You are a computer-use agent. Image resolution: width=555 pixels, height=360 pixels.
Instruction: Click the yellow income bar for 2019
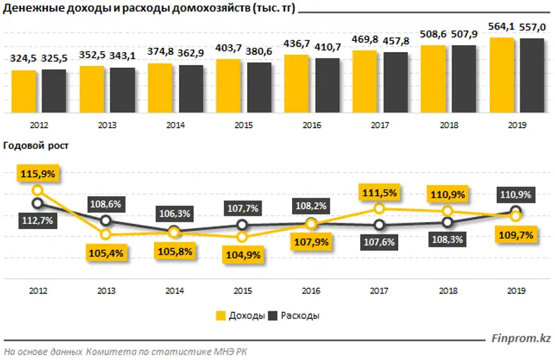[x=502, y=76]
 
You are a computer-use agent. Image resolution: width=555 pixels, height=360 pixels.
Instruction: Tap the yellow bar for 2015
[x=228, y=87]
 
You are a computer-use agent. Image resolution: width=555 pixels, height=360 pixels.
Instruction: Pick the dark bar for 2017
[x=395, y=83]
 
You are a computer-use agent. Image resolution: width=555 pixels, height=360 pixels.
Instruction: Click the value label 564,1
[x=502, y=27]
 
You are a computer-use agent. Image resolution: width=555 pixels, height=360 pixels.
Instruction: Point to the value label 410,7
[x=327, y=47]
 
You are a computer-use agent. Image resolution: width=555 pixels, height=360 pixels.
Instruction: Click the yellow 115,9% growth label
[x=37, y=171]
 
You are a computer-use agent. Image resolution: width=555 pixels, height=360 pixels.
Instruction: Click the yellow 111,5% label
[x=378, y=191]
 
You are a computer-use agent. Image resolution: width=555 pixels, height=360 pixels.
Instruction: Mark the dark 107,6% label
[x=378, y=242]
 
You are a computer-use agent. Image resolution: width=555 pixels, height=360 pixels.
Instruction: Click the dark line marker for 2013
[x=105, y=221]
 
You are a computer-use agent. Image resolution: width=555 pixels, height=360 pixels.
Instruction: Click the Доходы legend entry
[x=241, y=316]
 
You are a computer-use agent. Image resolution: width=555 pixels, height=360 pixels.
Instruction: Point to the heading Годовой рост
[x=36, y=146]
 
